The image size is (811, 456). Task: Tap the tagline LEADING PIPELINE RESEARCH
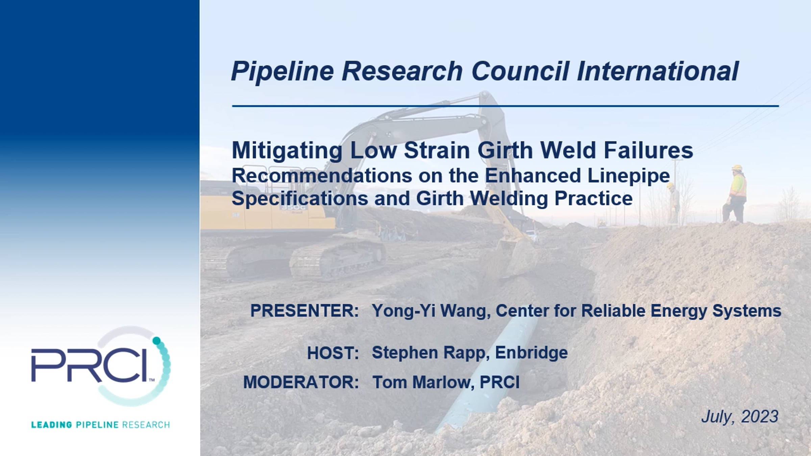tap(100, 425)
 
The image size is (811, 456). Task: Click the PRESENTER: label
tap(304, 311)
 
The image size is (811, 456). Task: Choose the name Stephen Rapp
tap(431, 353)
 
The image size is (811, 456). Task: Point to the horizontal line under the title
tap(506, 106)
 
